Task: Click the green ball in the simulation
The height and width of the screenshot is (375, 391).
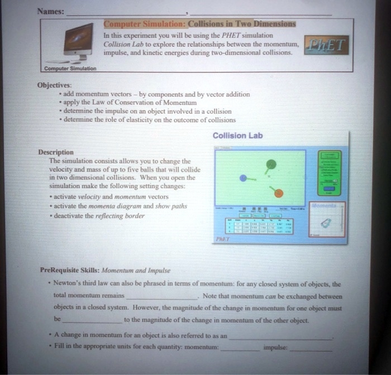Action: pyautogui.click(x=271, y=164)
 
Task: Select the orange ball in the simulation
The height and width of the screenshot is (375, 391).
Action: pyautogui.click(x=279, y=193)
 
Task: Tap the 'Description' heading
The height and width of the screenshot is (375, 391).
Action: pyautogui.click(x=55, y=152)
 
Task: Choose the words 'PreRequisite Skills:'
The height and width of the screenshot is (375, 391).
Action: pyautogui.click(x=70, y=270)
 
